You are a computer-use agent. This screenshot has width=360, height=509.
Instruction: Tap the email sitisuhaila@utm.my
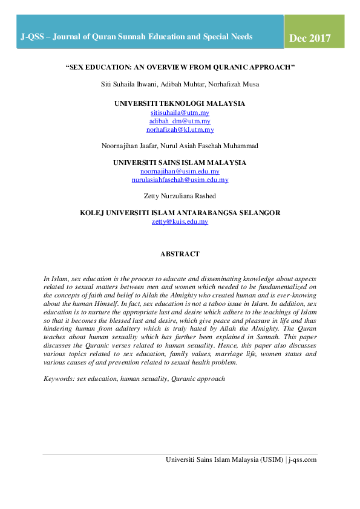pos(180,113)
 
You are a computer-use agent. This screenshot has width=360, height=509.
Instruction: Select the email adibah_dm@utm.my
pos(180,122)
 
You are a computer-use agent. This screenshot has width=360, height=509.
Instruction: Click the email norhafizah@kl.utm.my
pos(180,129)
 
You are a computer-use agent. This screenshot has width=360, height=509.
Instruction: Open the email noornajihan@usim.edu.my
pos(180,172)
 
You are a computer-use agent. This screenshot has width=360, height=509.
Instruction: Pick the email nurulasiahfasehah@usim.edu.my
pos(180,180)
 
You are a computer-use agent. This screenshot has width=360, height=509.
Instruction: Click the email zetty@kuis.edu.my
pos(180,222)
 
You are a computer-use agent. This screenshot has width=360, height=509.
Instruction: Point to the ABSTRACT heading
pos(180,254)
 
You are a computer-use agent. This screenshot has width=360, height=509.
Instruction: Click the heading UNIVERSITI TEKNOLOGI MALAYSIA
pos(180,104)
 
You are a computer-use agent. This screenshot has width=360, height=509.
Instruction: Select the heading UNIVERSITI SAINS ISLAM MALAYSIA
pos(180,163)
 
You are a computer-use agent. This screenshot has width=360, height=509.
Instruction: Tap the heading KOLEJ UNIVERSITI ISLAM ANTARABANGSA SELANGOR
pos(180,213)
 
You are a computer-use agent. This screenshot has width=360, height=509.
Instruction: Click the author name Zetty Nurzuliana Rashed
pos(180,196)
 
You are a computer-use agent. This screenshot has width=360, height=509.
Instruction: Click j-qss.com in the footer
pos(303,460)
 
